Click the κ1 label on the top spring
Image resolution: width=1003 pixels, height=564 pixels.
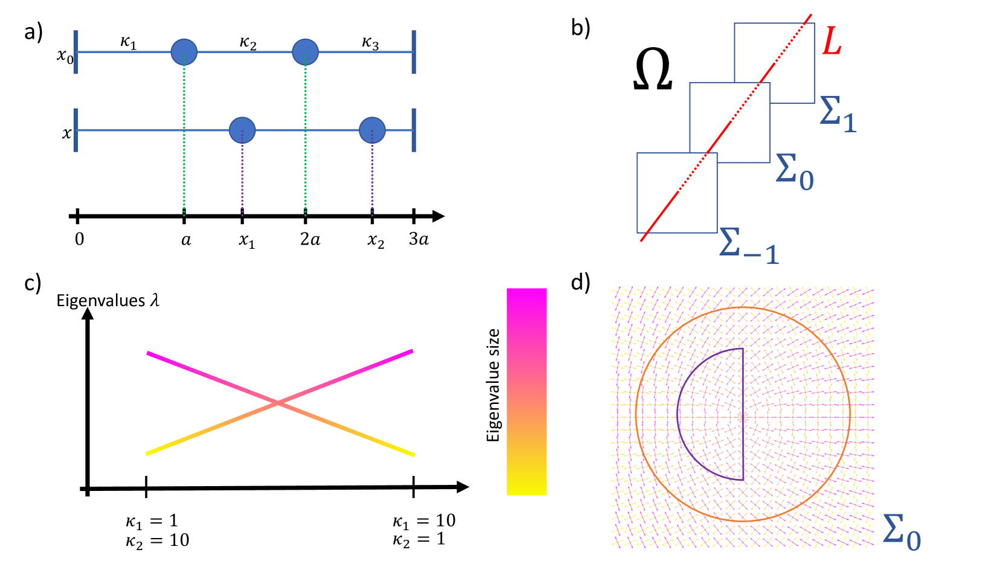click(x=129, y=43)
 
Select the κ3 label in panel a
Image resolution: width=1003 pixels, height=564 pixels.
click(x=370, y=43)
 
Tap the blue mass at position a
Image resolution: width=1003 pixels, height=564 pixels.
click(x=184, y=53)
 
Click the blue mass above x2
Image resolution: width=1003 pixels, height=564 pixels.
click(x=372, y=130)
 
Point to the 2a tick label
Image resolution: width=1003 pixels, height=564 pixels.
click(x=310, y=240)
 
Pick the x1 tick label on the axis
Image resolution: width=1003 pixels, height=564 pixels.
click(x=246, y=241)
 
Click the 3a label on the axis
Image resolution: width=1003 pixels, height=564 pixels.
click(x=418, y=240)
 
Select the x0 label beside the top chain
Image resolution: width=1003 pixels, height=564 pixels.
click(x=65, y=56)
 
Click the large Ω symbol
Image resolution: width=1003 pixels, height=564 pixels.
click(x=652, y=70)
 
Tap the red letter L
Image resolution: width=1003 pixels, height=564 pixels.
click(x=832, y=42)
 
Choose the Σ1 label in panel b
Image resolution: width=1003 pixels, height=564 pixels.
click(x=838, y=114)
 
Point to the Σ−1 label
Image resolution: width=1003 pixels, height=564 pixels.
click(x=749, y=246)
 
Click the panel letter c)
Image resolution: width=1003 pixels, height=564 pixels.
click(x=33, y=283)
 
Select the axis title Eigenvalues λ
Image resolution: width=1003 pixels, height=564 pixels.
click(x=107, y=300)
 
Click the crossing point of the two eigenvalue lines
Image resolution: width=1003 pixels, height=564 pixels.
click(x=278, y=403)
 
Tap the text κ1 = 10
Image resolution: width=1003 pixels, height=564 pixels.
click(x=424, y=521)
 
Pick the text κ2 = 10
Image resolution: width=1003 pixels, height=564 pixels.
click(x=157, y=540)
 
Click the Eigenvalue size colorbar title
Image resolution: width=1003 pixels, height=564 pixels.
click(x=493, y=385)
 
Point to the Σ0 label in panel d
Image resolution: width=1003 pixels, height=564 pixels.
click(x=902, y=533)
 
